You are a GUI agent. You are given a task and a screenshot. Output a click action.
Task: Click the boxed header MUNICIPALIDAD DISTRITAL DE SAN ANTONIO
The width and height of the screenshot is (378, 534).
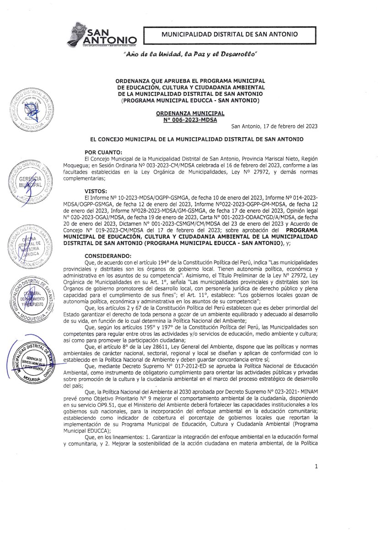pos(230,34)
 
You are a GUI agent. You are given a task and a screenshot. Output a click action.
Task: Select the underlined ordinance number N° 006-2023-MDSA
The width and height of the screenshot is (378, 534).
pos(190,120)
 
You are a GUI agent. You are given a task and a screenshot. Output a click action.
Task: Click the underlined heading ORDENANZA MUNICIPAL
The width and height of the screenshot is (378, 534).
pos(190,113)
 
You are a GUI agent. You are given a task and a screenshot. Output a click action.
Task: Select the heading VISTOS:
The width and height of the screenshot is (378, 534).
pos(96,191)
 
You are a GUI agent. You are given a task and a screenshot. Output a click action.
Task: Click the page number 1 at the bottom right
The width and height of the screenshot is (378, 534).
pos(316,505)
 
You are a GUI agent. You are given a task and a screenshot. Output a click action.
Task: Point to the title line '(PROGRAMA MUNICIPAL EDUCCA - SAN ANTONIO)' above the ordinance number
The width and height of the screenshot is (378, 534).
pos(190,100)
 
